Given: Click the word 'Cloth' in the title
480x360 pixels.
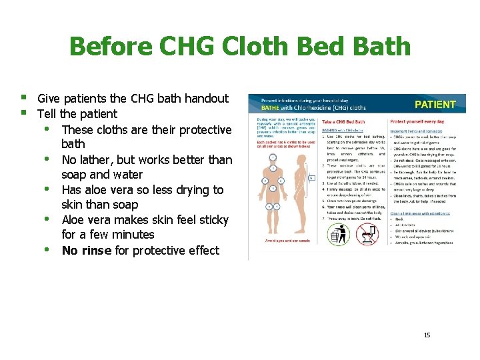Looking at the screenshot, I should tap(258, 47).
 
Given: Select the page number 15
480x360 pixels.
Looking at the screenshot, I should tap(427, 335).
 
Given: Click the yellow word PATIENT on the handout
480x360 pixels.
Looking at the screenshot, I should tap(435, 104).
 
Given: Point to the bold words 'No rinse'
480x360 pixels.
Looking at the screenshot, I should tap(87, 251).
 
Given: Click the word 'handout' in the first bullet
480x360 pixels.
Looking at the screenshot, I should tap(203, 99).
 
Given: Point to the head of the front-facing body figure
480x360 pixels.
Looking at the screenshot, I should tap(273, 158).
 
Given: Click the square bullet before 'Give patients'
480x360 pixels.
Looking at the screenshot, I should tap(24, 98).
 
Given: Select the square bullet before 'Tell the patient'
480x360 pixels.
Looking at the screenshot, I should tap(24, 113).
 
